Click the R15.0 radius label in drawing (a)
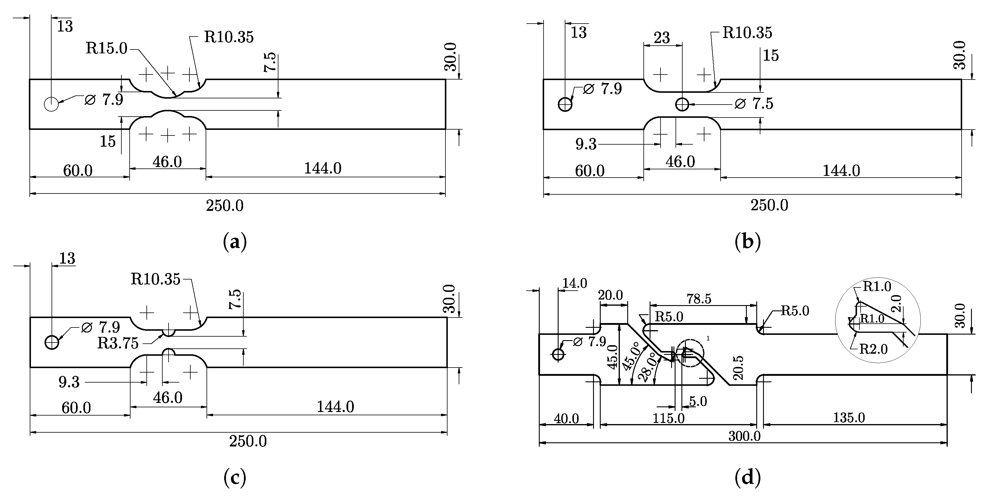pos(106,49)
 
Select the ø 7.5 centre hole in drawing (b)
pos(682,104)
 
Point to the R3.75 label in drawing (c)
pos(118,343)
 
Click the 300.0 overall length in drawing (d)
pos(744,436)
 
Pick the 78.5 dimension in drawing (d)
pos(699,299)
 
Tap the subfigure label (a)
pos(235,242)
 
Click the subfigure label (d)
pos(747,477)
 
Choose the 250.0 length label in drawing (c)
pos(248,441)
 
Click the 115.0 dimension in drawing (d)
pos(668,418)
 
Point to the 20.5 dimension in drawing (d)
pos(738,368)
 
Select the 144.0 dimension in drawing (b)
pos(841,170)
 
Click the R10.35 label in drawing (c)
pos(156,279)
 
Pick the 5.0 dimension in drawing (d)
pos(698,401)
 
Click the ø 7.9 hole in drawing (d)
pos(558,354)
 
